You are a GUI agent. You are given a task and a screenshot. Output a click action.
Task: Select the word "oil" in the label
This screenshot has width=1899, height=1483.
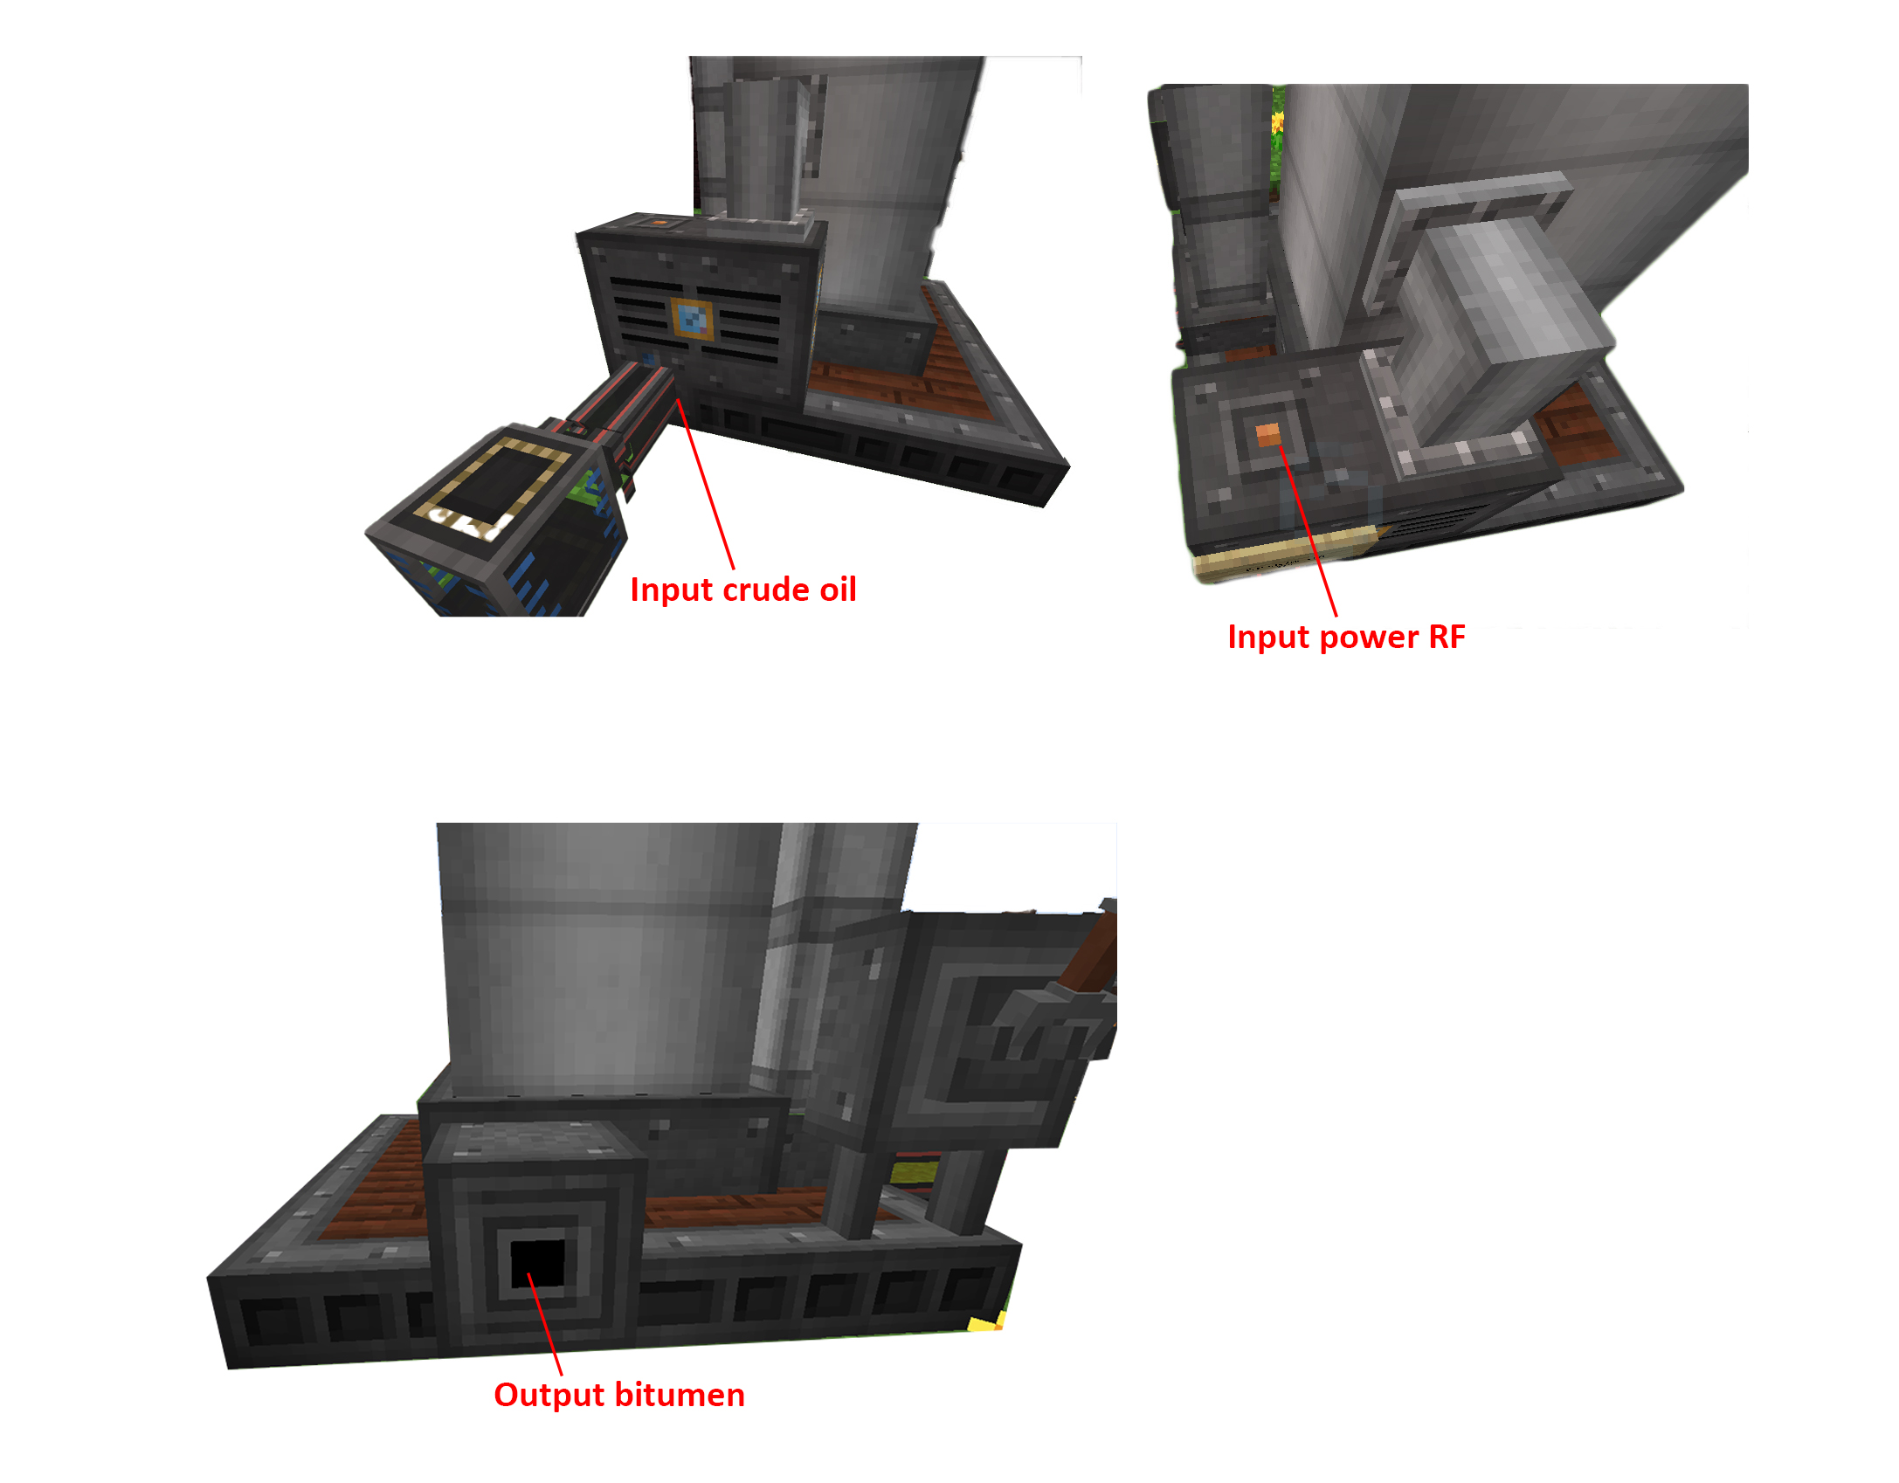838,590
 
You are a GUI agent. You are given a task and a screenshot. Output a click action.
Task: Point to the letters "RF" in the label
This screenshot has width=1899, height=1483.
1447,637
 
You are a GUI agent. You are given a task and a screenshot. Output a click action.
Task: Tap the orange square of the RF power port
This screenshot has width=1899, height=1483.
1267,434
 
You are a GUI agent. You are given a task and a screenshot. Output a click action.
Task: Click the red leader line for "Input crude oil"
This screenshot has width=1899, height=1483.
705,483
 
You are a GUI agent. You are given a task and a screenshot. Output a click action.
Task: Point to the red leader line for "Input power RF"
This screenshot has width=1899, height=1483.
1309,531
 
